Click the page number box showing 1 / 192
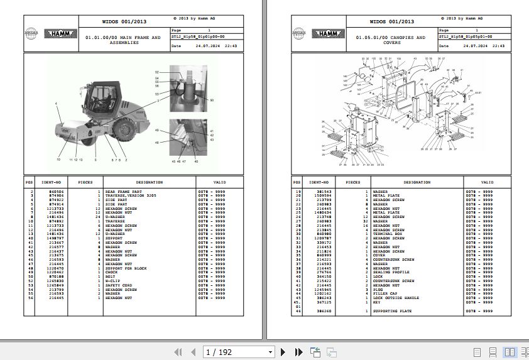point(239,352)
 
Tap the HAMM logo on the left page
point(60,34)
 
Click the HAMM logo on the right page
point(328,34)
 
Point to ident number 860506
point(48,190)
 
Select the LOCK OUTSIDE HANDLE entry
point(395,298)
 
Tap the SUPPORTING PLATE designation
point(392,310)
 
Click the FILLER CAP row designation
point(385,293)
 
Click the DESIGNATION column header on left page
point(149,182)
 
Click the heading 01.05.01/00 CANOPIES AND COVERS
point(390,40)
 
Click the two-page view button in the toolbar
point(508,352)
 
